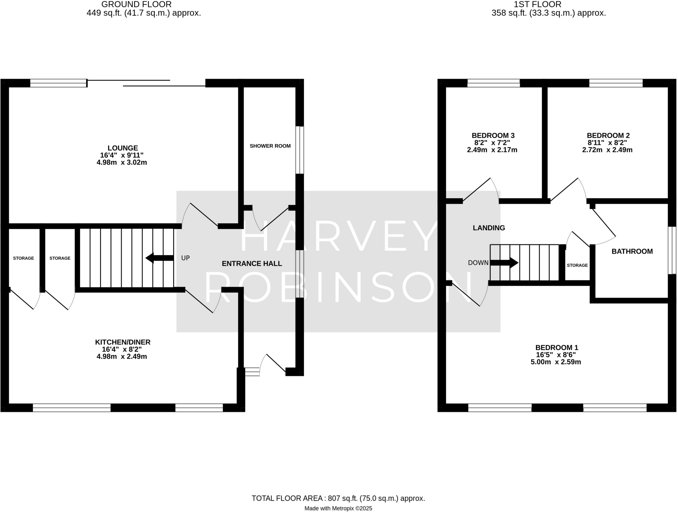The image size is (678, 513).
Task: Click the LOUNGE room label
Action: click(x=122, y=148)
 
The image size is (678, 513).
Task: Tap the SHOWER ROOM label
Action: click(x=270, y=146)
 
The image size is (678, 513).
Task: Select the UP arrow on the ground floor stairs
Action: click(x=160, y=258)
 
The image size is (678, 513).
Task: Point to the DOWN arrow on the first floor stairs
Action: click(x=504, y=263)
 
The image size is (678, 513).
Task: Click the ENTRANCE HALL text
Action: click(x=252, y=264)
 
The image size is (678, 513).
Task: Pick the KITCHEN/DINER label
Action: click(x=122, y=342)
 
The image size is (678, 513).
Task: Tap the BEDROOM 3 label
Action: click(x=493, y=135)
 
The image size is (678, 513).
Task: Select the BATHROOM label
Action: click(x=632, y=251)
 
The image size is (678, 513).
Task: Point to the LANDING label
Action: click(x=489, y=228)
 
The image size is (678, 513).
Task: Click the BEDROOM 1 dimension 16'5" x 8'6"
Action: click(x=556, y=355)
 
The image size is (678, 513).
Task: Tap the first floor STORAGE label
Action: click(x=577, y=265)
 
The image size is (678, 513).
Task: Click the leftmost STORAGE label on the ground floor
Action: click(x=23, y=258)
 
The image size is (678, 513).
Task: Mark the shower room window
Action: click(x=299, y=150)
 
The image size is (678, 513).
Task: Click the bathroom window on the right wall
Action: click(x=672, y=250)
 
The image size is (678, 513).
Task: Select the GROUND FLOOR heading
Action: click(x=136, y=4)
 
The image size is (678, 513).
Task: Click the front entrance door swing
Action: click(x=273, y=364)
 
